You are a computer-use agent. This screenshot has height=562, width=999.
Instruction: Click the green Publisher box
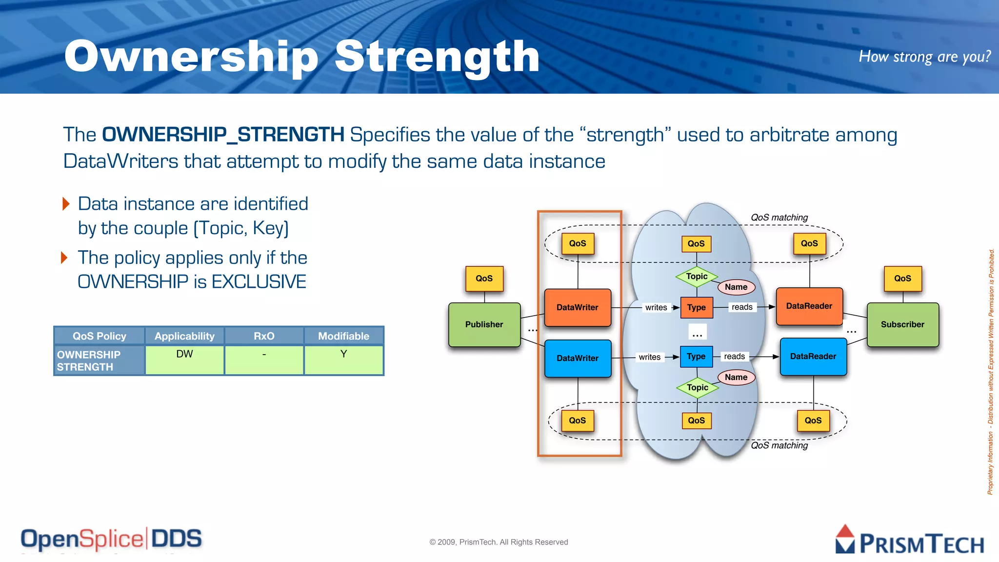[484, 324]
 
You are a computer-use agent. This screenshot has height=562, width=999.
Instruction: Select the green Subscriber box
[902, 324]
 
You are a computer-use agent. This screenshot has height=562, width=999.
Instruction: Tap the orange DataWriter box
[578, 307]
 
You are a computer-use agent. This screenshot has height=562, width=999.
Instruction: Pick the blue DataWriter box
[578, 358]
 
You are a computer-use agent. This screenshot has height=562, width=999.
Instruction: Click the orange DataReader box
[809, 306]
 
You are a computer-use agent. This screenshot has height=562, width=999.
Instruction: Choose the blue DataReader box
[813, 357]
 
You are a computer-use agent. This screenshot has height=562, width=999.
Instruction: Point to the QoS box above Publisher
[484, 279]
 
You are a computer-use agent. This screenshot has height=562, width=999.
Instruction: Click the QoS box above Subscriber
[902, 279]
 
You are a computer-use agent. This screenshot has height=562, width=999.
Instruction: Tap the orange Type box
[697, 307]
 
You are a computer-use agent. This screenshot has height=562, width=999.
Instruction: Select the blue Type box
[696, 357]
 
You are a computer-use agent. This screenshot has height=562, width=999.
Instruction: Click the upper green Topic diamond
[697, 277]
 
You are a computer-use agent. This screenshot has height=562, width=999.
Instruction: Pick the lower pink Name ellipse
[736, 377]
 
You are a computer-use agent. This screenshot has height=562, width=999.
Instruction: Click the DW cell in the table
[184, 360]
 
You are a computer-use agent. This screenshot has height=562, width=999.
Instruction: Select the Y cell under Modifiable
[343, 360]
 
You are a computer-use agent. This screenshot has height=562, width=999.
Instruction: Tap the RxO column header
[264, 336]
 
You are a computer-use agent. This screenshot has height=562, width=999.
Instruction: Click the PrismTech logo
[910, 541]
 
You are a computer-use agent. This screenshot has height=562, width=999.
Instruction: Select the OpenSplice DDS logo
[111, 539]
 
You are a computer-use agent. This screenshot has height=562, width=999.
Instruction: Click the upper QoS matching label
[779, 218]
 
